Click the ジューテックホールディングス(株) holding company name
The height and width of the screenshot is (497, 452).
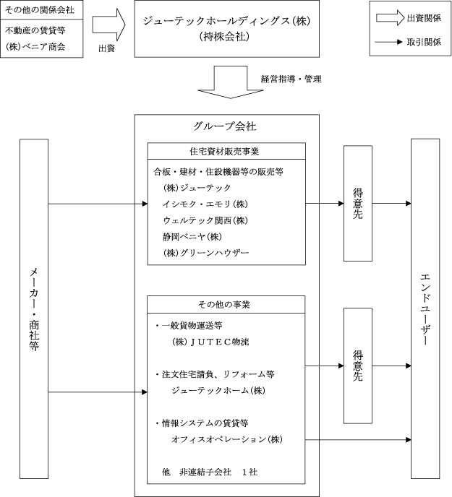coord(226,21)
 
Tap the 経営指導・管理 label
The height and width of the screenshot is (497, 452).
coord(291,79)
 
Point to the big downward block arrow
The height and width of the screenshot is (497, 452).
coord(231,82)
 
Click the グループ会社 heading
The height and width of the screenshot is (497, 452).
coord(225,126)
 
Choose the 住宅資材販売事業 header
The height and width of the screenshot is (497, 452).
coord(224,151)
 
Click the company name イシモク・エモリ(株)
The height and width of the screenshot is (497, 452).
coord(205,204)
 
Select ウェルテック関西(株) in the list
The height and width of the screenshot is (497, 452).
coord(205,220)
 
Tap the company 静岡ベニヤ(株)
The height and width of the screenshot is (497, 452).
coord(192,236)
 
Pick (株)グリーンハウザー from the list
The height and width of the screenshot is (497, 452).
coord(206,253)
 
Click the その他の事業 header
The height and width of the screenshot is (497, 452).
coord(224,305)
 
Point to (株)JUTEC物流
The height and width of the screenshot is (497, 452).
coord(210,342)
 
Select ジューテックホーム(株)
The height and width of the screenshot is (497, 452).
coord(218,391)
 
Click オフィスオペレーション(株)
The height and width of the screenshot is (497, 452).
coord(227,439)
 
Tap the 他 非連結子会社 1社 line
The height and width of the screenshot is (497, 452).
coord(210,472)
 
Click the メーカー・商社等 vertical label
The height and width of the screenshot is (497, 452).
coord(34,309)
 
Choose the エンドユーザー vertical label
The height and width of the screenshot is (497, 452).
coord(425,309)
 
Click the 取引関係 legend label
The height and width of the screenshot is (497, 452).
coord(424,42)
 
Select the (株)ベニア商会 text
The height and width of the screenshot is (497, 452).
coord(35,46)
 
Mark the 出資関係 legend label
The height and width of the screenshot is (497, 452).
coord(424,18)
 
